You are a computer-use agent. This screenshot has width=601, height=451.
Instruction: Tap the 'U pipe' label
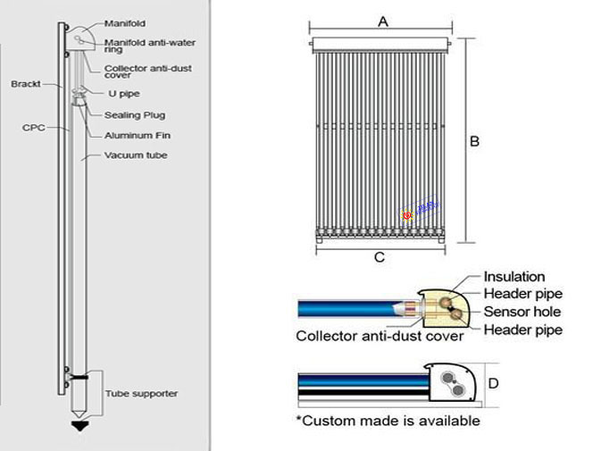pyautogui.click(x=123, y=93)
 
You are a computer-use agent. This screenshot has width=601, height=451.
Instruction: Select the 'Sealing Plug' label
pyautogui.click(x=134, y=114)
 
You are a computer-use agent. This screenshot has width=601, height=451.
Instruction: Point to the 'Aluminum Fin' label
pyautogui.click(x=137, y=135)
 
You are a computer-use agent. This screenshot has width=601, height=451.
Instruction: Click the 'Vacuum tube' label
pyautogui.click(x=136, y=155)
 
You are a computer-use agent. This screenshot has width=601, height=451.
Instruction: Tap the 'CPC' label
pyautogui.click(x=34, y=128)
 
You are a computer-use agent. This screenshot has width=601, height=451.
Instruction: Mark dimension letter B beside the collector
pyautogui.click(x=475, y=141)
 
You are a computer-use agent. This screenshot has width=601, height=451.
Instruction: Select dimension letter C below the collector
pyautogui.click(x=380, y=258)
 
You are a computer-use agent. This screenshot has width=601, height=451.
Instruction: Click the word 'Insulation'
pyautogui.click(x=513, y=277)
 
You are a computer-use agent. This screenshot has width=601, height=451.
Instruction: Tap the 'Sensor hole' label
pyautogui.click(x=522, y=312)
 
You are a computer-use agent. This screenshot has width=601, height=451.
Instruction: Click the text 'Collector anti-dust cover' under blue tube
pyautogui.click(x=380, y=336)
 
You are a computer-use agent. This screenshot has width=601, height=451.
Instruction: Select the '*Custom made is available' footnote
pyautogui.click(x=387, y=420)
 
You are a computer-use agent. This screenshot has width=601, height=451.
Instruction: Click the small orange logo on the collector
pyautogui.click(x=407, y=214)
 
